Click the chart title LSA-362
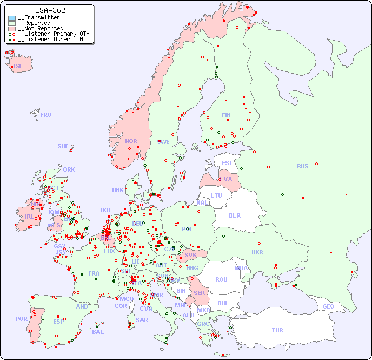pyautogui.click(x=50, y=10)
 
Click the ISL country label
pyautogui.click(x=18, y=67)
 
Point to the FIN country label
pyautogui.click(x=226, y=115)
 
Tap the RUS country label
pyautogui.click(x=302, y=166)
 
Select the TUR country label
pyautogui.click(x=277, y=330)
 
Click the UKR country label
pyautogui.click(x=257, y=252)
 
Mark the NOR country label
pyautogui.click(x=131, y=141)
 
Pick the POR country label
pyautogui.click(x=21, y=319)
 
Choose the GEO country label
pyautogui.click(x=328, y=306)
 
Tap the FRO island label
pyautogui.click(x=46, y=115)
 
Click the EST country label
pyautogui.click(x=227, y=163)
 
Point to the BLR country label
pyautogui.click(x=235, y=215)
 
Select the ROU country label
pyautogui.click(x=221, y=279)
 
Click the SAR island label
pyautogui.click(x=142, y=320)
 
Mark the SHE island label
pyautogui.click(x=63, y=146)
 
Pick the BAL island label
pyautogui.click(x=98, y=332)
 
